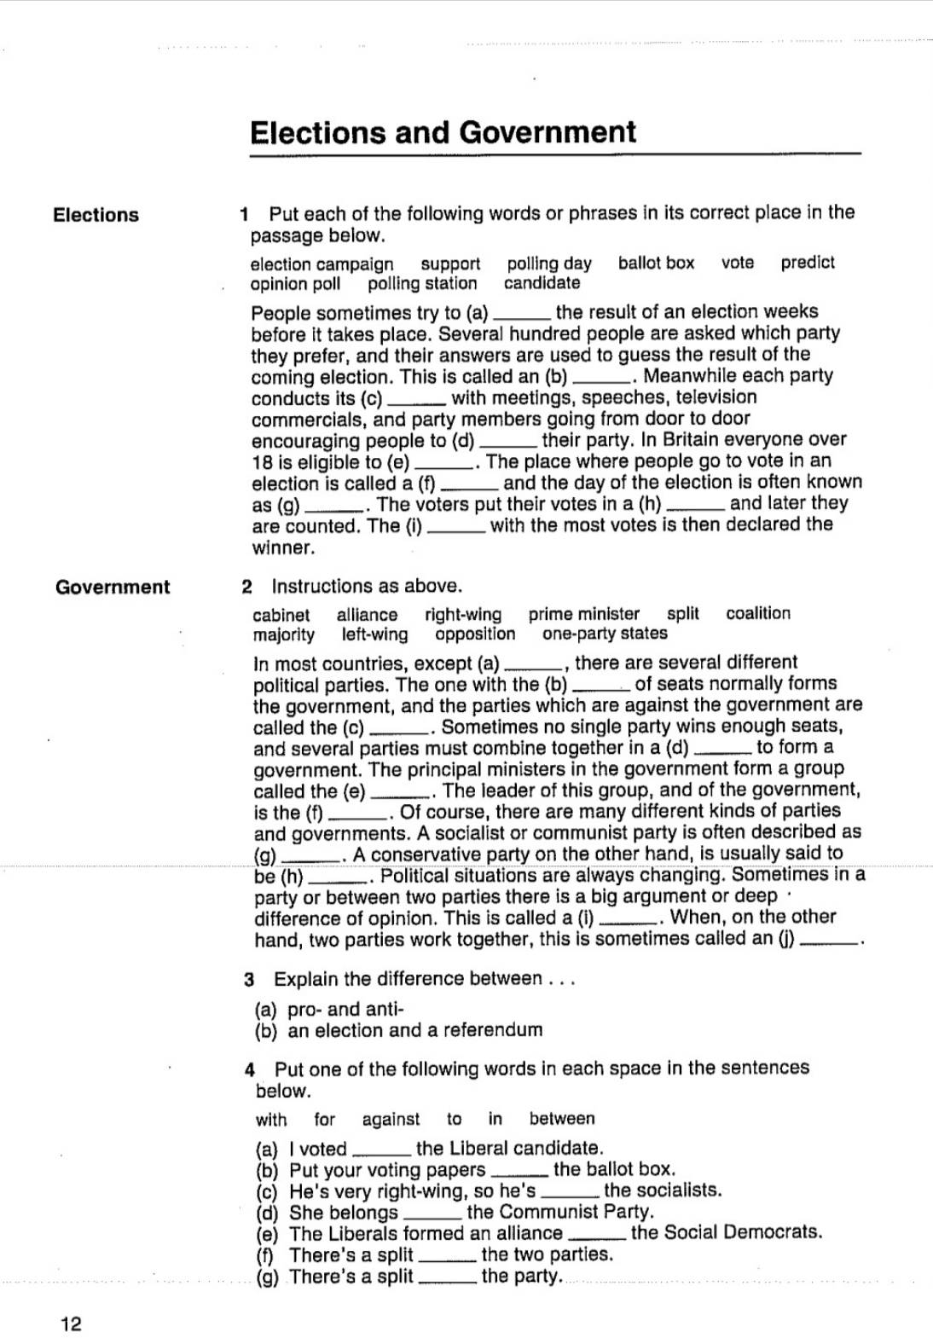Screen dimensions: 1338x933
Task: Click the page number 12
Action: click(71, 1324)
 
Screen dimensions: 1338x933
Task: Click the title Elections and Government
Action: click(443, 132)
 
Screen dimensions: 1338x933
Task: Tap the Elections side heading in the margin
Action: click(96, 215)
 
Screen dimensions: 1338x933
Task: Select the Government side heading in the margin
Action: click(113, 587)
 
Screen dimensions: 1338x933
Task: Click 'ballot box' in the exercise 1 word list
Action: click(656, 263)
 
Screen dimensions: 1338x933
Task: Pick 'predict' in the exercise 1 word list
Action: click(807, 263)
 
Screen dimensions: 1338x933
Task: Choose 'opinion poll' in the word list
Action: click(295, 284)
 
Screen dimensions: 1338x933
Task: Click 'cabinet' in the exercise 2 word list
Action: click(281, 615)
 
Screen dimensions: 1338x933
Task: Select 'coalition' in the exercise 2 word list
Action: click(758, 613)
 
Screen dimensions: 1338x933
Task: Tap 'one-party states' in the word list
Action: click(605, 634)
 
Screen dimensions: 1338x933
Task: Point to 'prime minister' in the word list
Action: click(583, 614)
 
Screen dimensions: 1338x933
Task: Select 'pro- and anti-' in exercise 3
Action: click(345, 1010)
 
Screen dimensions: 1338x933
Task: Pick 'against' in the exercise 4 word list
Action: click(391, 1120)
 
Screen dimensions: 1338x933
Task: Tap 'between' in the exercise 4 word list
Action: click(562, 1119)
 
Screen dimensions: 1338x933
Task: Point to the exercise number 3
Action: click(250, 980)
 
